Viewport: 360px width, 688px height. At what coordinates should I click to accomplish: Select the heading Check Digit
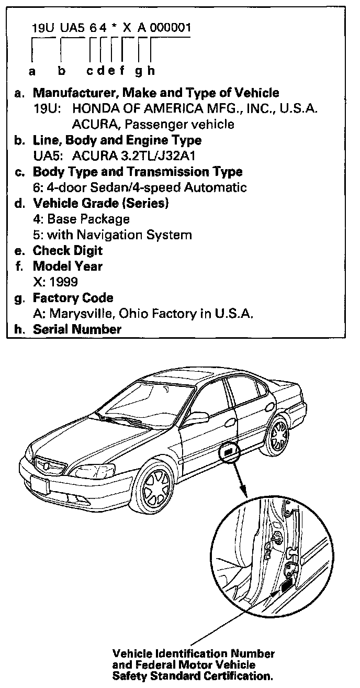68,250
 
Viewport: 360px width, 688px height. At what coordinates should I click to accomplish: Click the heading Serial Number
77,329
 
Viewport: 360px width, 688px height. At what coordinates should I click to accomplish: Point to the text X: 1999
55,282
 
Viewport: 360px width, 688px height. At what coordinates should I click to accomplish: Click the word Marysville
78,314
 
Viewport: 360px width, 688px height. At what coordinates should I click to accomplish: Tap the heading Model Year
67,266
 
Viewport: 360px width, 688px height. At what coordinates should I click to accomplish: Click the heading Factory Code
73,298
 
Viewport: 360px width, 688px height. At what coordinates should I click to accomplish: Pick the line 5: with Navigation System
113,235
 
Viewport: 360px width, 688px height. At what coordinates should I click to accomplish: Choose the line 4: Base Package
81,219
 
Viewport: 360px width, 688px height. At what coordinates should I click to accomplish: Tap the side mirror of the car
192,417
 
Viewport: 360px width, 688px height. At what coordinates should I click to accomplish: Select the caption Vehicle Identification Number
194,654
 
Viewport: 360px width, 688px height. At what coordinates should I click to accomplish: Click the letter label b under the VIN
61,71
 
